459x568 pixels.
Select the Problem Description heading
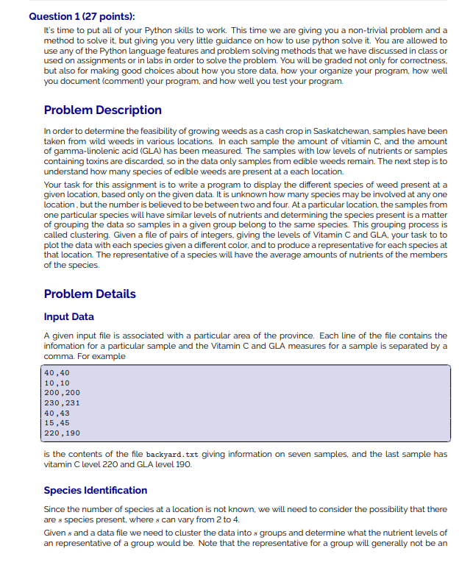102,110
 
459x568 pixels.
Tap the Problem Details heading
90,294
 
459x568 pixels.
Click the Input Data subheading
69,316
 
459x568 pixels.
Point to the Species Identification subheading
96,490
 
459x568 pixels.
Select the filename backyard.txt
163,455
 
